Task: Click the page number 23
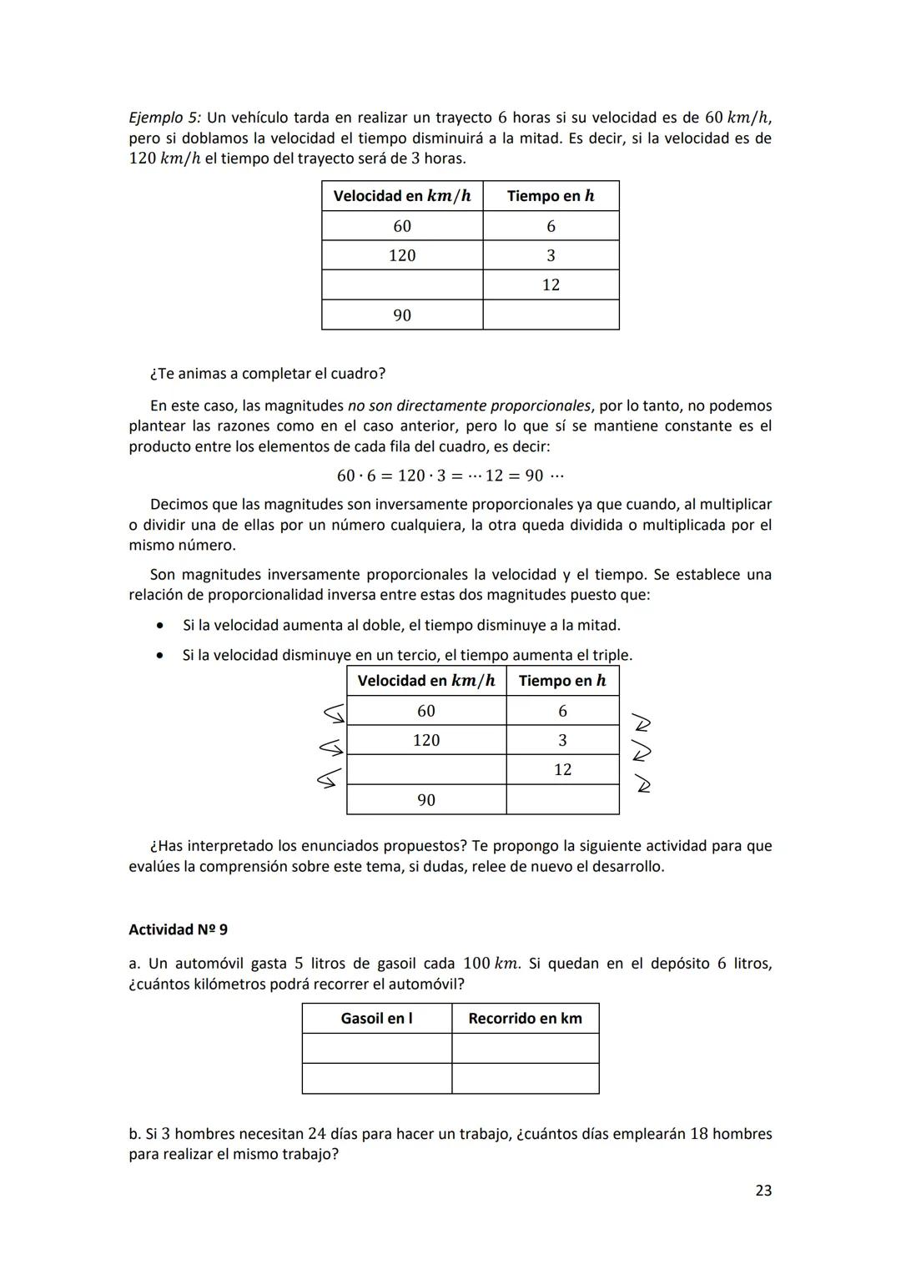point(763,1191)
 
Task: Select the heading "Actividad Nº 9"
point(178,929)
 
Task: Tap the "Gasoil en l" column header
point(376,1018)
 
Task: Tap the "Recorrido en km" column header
point(525,1018)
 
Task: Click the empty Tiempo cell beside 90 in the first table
point(551,315)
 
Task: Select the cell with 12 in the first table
point(551,285)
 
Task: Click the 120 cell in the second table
point(425,740)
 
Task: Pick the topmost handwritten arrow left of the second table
point(333,713)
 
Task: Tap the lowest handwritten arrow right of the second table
point(642,784)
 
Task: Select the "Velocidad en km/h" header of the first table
point(401,196)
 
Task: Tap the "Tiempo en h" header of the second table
point(561,681)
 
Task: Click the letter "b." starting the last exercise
point(135,1134)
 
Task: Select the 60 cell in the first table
point(401,226)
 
